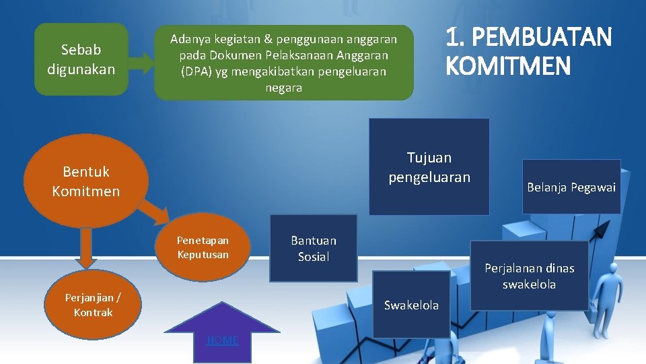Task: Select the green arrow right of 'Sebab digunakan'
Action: (140, 63)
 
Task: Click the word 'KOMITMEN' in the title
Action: (507, 66)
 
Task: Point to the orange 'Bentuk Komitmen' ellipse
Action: (85, 181)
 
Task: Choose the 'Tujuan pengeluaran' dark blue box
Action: (429, 167)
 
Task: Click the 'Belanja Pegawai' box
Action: (571, 187)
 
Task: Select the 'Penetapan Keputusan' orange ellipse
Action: (203, 247)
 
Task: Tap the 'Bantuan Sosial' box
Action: (313, 248)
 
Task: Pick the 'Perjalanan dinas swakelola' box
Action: (529, 276)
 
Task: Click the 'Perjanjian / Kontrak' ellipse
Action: (93, 305)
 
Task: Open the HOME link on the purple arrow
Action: (222, 340)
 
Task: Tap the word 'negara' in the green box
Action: (283, 88)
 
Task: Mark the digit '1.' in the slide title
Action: (455, 37)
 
